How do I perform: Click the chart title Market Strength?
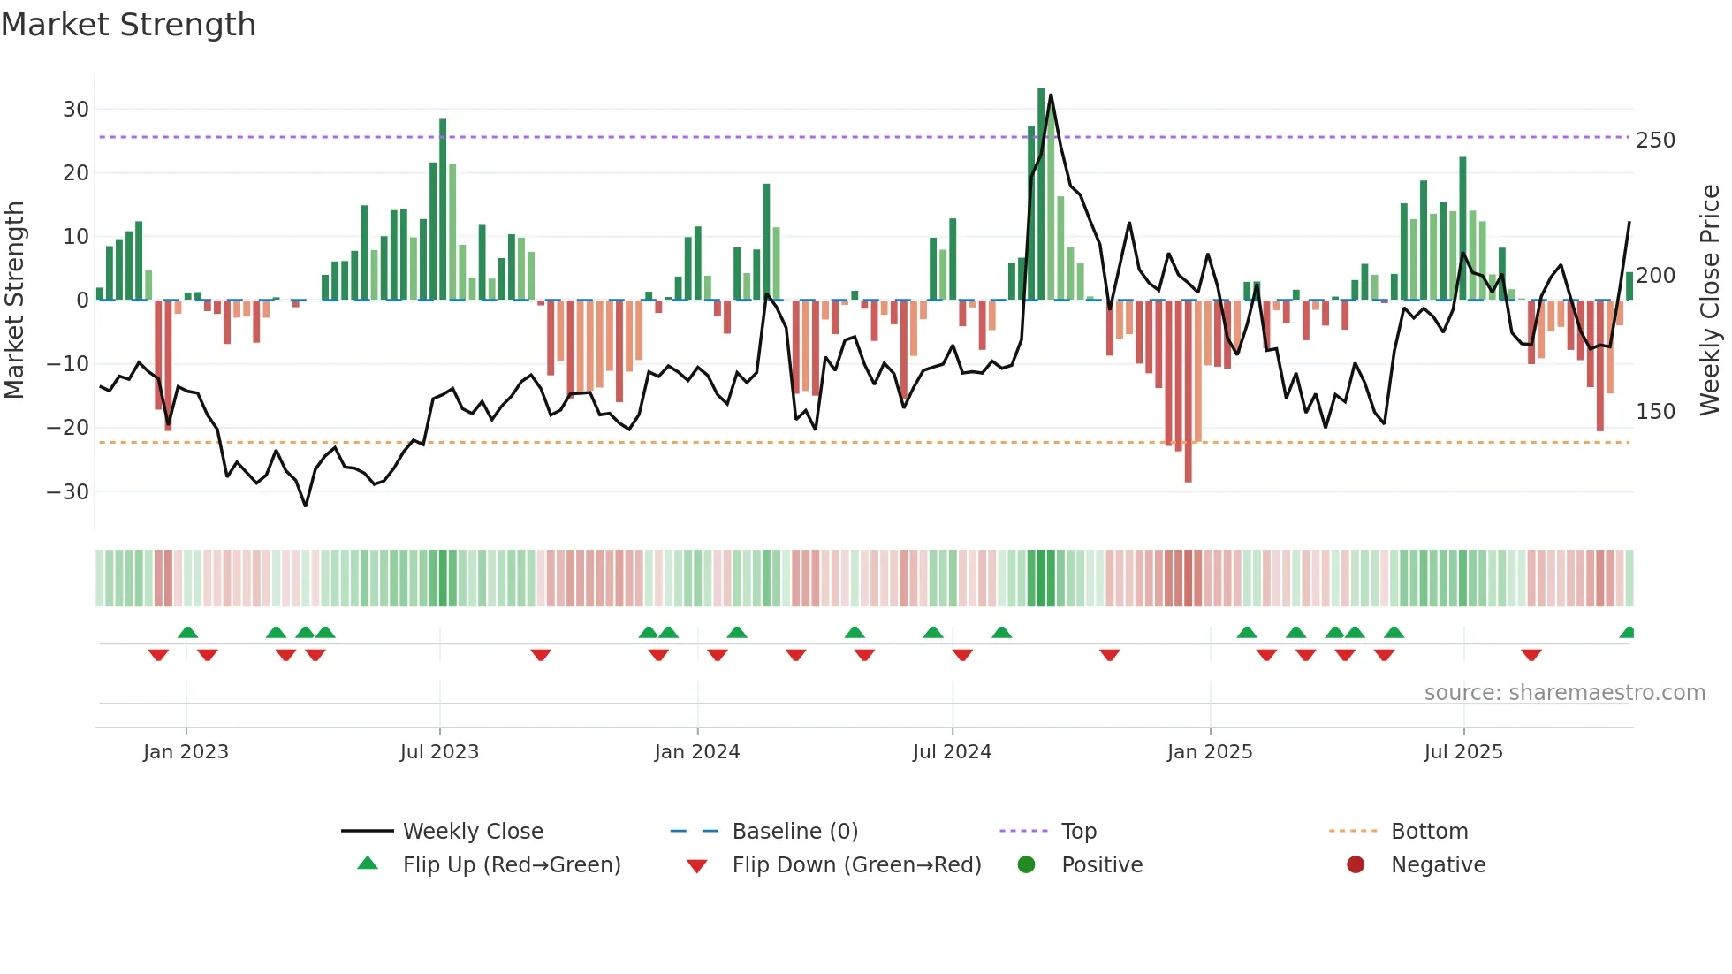coord(128,25)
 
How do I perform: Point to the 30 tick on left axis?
coord(76,110)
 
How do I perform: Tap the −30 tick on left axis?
coord(69,491)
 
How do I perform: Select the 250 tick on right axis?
coord(1655,141)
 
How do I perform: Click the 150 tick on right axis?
coord(1655,412)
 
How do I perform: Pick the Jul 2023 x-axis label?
coord(439,752)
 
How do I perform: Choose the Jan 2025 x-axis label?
coord(1210,752)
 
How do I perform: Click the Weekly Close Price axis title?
coord(1710,301)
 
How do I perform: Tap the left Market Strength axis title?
coord(14,301)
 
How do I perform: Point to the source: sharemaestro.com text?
coord(1564,693)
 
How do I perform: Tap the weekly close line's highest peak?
coord(1051,95)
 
